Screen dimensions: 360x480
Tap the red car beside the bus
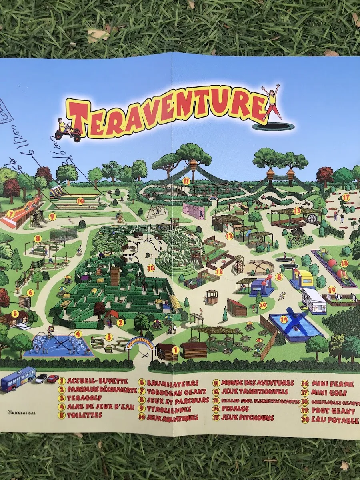[x=53, y=378]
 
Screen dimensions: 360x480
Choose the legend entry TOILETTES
[x=85, y=415]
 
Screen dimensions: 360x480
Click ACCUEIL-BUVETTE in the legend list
[x=98, y=381]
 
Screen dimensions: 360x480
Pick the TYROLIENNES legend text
[x=169, y=409]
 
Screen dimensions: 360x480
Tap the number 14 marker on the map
[x=284, y=319]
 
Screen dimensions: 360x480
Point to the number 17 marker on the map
[x=346, y=197]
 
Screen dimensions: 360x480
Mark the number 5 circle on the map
[x=15, y=313]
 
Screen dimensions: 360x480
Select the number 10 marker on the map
[x=80, y=201]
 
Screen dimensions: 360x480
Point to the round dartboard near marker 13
[x=310, y=218]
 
